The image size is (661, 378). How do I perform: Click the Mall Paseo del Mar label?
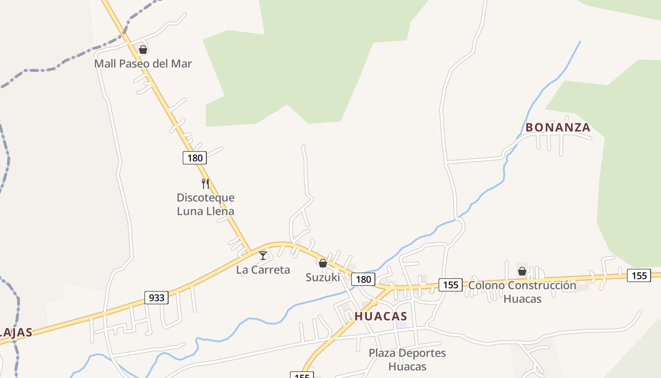[x=143, y=63]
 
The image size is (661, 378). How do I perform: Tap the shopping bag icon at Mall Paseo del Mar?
[x=143, y=50]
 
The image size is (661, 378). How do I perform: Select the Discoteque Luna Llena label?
[x=205, y=204]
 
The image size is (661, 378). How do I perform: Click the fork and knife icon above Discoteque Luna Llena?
[x=205, y=183]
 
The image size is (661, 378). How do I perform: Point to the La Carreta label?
[x=263, y=270]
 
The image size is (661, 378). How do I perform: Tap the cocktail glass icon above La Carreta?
[x=263, y=256]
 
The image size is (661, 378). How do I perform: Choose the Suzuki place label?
[x=322, y=277]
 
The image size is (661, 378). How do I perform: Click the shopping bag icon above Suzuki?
[x=323, y=263]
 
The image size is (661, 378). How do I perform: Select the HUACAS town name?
[x=381, y=316]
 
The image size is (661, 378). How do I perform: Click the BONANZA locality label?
[x=558, y=128]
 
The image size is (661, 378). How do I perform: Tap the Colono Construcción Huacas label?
[x=522, y=292]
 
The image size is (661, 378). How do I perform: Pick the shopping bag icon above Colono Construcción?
[x=522, y=271]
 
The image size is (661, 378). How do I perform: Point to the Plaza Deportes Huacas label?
[x=407, y=360]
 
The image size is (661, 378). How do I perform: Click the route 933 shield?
[x=156, y=297]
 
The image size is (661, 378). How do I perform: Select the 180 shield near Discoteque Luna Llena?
[x=195, y=158]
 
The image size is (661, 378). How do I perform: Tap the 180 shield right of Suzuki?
[x=363, y=279]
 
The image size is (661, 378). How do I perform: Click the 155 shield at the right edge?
[x=639, y=275]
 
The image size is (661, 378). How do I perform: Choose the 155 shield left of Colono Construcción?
[x=450, y=284]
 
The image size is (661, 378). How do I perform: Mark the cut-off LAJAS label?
[x=16, y=332]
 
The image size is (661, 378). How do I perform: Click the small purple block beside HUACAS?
[x=401, y=325]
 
